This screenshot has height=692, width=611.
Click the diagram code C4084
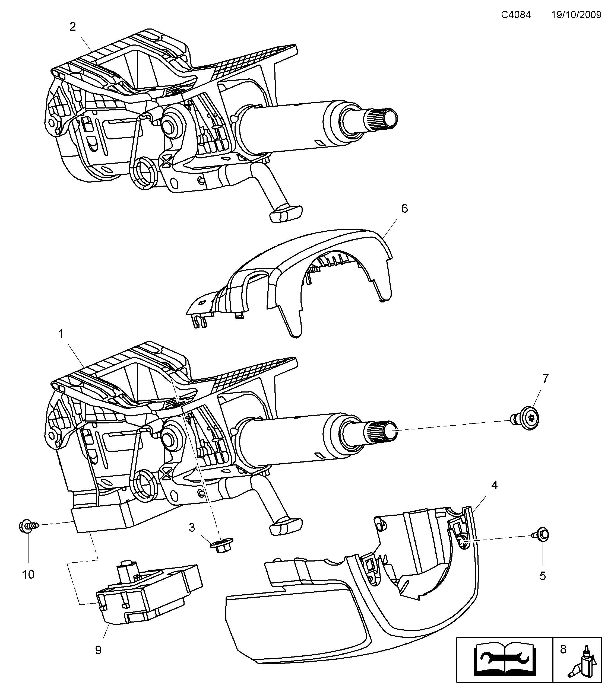click(x=516, y=15)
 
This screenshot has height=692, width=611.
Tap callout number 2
click(x=72, y=27)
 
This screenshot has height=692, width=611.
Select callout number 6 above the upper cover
click(x=404, y=209)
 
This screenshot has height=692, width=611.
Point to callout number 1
click(x=61, y=334)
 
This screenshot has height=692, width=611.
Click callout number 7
click(x=545, y=378)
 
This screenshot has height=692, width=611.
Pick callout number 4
click(x=495, y=486)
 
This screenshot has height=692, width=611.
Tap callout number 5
click(x=543, y=576)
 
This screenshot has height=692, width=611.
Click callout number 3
click(x=192, y=527)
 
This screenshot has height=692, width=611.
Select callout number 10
click(x=28, y=575)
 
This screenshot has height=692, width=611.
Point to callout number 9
click(x=98, y=650)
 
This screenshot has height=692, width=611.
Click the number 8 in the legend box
click(x=563, y=649)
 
